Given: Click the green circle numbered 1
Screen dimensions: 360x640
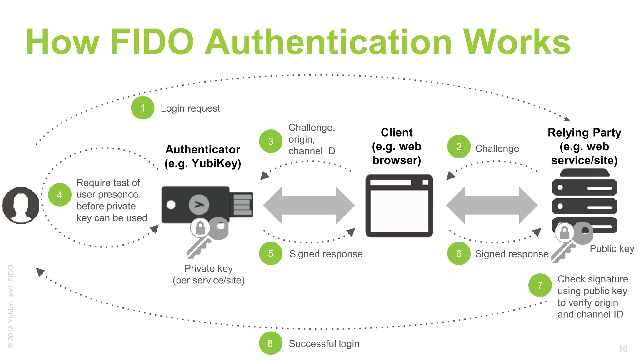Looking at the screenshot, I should coord(142,108).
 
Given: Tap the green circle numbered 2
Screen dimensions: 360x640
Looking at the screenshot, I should coord(458,147).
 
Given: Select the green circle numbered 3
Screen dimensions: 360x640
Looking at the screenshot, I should coord(271,141).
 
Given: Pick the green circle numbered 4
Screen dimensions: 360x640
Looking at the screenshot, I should coord(60,195).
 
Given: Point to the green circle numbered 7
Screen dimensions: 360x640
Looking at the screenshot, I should coord(540,285).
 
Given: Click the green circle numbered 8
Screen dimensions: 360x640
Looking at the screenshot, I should coord(270,343).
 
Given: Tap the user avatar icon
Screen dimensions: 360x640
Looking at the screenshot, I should coord(21,205).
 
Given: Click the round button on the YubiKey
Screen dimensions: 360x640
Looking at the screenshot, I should coord(199,205).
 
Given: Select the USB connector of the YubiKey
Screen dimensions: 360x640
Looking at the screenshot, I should coord(242,204).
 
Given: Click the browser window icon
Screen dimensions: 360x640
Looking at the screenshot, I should coord(399,206).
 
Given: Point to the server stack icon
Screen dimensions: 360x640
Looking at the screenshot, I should coord(584,200).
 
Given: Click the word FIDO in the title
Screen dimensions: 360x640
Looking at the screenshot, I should coord(152,42).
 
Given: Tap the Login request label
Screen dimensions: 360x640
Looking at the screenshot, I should coord(190,108).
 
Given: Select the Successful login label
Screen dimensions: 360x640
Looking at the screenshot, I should coord(324,343).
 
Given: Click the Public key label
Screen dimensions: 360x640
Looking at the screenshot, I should coord(612,249).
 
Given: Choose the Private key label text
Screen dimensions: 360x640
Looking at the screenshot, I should coord(208,268).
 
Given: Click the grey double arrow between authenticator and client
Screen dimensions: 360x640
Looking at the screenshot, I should coord(309,205).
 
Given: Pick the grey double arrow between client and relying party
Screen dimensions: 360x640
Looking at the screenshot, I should coord(492,205).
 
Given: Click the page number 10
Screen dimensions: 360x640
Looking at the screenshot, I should coord(622,348).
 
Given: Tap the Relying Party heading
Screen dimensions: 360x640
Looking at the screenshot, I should coord(584,133).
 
